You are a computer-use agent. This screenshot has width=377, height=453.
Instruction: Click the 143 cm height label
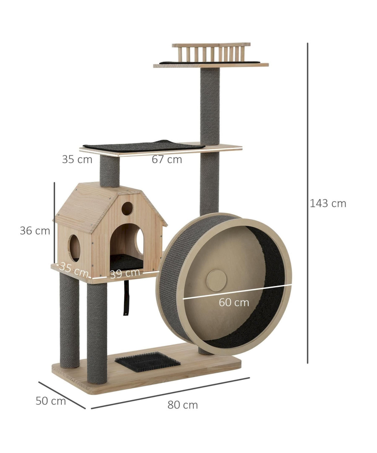[328, 203]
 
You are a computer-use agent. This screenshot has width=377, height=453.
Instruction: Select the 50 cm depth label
[51, 401]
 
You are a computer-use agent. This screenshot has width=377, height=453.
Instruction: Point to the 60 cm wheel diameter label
[234, 302]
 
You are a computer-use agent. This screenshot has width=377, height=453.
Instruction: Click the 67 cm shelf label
[167, 159]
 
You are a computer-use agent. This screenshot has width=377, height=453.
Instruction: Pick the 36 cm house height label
[35, 231]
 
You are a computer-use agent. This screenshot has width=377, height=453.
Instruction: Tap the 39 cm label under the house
[125, 273]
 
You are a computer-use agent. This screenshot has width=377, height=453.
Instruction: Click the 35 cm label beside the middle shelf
[77, 159]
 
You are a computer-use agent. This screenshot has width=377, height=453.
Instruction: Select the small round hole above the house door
[127, 208]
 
